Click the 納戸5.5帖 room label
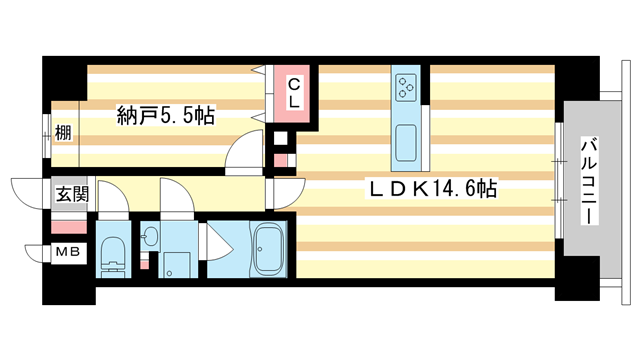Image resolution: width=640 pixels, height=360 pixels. [166, 116]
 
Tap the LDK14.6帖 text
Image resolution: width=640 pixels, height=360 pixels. [431, 188]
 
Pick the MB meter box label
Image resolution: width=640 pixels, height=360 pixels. [67, 252]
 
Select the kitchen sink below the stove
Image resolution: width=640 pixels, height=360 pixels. [406, 145]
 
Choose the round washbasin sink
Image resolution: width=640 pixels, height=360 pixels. [151, 237]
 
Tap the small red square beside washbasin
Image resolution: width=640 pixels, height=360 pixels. [146, 261]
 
